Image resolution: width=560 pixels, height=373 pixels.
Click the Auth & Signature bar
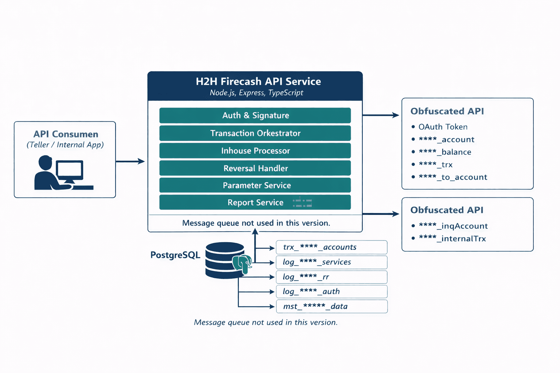point(255,115)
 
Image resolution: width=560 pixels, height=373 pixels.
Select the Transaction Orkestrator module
point(255,133)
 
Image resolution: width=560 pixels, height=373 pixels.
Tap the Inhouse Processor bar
point(255,151)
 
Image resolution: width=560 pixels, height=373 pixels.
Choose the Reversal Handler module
point(255,168)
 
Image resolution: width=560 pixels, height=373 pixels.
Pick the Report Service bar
point(255,203)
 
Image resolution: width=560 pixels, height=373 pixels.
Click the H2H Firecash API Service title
point(258,81)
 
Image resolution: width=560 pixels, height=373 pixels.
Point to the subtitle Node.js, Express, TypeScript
point(256,93)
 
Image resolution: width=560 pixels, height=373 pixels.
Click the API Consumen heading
point(66,134)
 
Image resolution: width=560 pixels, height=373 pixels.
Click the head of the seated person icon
point(45,162)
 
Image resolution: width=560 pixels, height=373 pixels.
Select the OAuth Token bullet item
point(443,127)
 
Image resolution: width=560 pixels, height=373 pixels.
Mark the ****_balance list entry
point(445,152)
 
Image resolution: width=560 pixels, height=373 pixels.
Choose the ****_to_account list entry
point(453,177)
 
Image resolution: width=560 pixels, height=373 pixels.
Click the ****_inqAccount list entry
point(453,226)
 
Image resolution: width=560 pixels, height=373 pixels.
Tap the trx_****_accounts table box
point(331,247)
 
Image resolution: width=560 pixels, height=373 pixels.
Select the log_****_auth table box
point(331,291)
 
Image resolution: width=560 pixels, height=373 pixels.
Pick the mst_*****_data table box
point(331,306)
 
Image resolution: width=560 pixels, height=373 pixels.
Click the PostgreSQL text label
point(175,255)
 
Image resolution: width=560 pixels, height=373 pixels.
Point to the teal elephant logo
point(242,263)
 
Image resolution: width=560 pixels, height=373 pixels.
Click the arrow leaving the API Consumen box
point(130,161)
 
